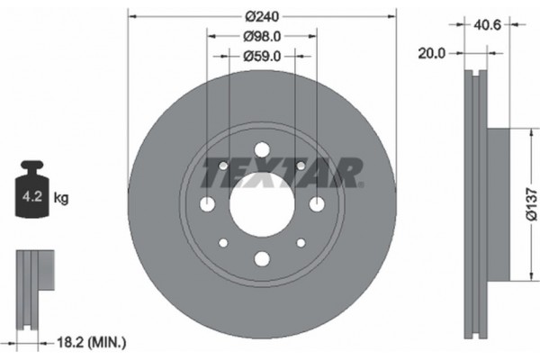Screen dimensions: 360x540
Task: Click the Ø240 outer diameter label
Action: click(x=262, y=15)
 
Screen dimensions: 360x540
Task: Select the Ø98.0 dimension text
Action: click(x=262, y=36)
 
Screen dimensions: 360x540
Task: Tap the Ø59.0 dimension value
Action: click(x=262, y=56)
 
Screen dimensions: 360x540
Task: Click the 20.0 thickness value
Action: click(x=432, y=54)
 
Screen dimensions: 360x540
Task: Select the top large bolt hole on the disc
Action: click(x=262, y=149)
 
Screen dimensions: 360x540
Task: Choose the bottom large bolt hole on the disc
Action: click(x=262, y=258)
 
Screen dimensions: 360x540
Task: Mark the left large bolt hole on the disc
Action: click(x=207, y=204)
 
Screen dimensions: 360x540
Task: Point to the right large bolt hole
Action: click(x=317, y=204)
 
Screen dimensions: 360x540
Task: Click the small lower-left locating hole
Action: click(x=223, y=242)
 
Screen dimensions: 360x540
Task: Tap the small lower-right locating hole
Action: click(x=301, y=242)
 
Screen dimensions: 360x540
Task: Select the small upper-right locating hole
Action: click(x=301, y=166)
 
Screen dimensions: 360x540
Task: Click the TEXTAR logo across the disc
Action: click(x=280, y=172)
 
